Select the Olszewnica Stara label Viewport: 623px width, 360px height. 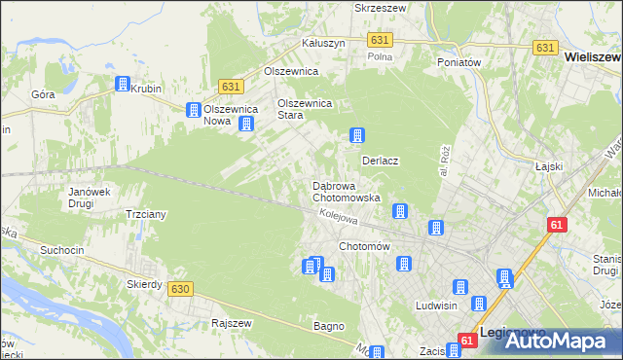tap(306, 108)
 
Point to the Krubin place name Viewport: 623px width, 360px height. tap(146, 88)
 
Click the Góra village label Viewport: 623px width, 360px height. tap(43, 95)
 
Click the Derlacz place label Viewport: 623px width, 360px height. tap(383, 160)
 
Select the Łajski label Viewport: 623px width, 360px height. tap(550, 166)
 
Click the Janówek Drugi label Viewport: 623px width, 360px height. tap(88, 198)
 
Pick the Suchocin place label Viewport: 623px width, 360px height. tap(63, 250)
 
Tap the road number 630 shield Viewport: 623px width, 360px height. tap(179, 289)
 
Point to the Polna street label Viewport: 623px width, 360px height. tap(379, 56)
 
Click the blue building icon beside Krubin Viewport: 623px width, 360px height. tap(123, 85)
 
